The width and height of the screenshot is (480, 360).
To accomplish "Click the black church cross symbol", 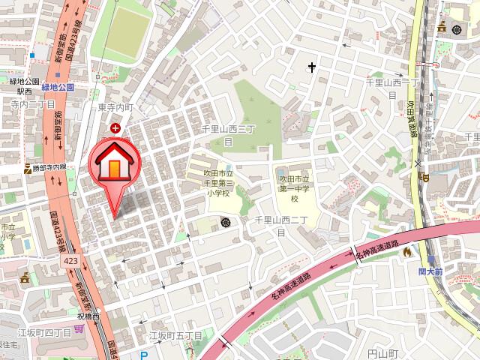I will click(311, 68).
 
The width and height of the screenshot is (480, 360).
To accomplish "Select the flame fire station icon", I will click(407, 253).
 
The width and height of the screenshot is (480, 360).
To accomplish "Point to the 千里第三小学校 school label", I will click(217, 182).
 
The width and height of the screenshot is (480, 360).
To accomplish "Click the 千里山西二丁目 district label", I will click(276, 225).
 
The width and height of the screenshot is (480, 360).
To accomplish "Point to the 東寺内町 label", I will click(115, 107).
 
